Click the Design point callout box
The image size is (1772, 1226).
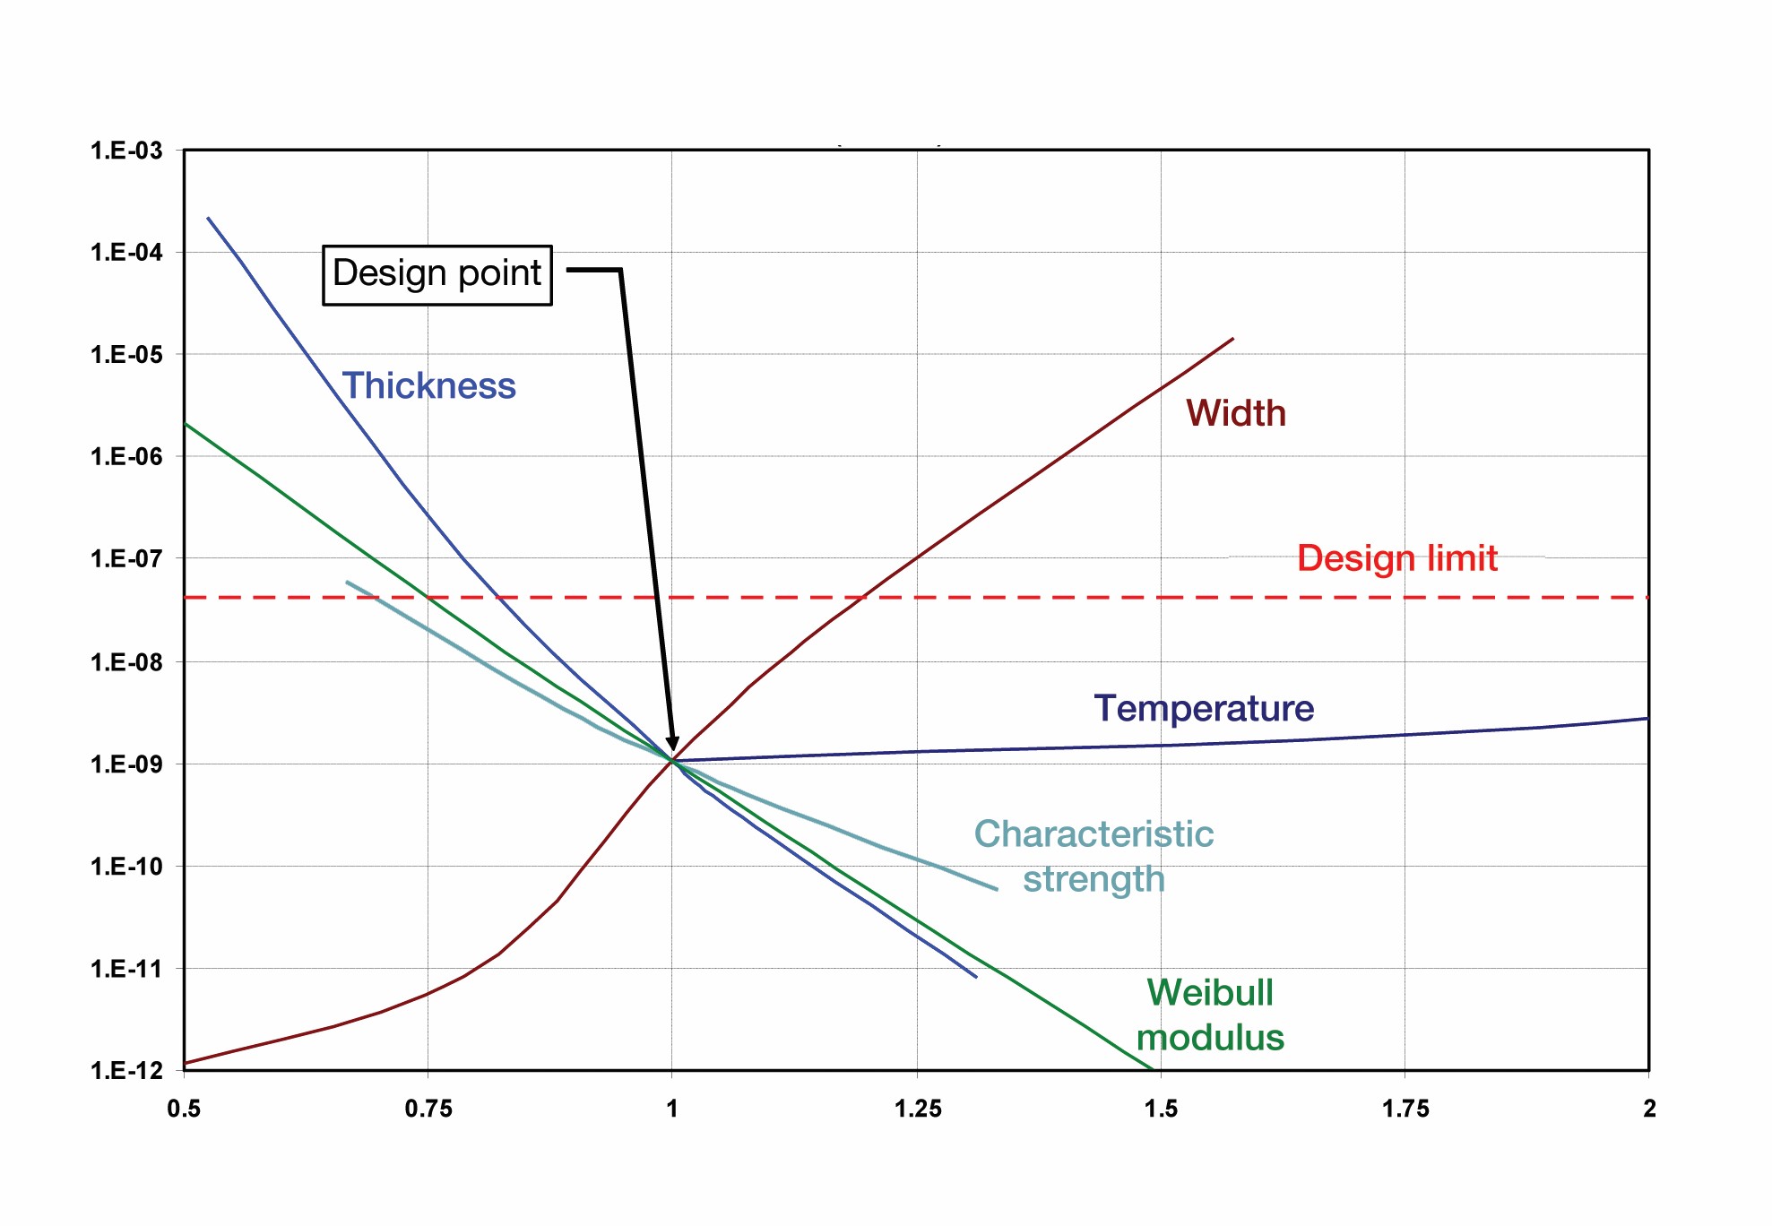(437, 274)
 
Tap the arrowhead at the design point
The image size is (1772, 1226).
(672, 745)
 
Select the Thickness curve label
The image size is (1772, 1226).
(428, 386)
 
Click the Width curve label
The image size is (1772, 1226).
(1235, 413)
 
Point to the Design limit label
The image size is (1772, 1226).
(1396, 558)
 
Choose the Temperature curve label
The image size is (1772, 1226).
(1203, 708)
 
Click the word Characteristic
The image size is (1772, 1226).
(1093, 833)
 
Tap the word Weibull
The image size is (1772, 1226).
(1210, 992)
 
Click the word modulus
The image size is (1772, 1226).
(1210, 1038)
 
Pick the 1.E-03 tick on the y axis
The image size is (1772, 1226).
(126, 151)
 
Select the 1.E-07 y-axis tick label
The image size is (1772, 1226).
(126, 559)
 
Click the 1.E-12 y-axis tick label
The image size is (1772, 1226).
(126, 1070)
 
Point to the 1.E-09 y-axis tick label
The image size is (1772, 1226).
(126, 764)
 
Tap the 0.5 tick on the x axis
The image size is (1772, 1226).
(184, 1109)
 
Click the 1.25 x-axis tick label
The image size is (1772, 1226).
(918, 1109)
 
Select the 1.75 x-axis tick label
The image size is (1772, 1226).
(1405, 1109)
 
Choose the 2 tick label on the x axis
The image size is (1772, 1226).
(1649, 1109)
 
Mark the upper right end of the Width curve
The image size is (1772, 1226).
(1233, 339)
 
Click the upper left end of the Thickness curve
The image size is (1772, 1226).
(208, 218)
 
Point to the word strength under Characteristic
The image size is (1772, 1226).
(1093, 879)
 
